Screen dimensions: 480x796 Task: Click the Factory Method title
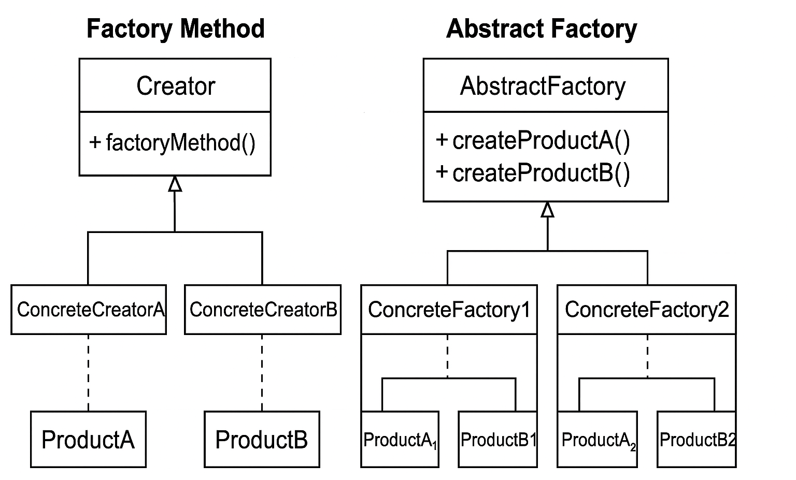click(175, 28)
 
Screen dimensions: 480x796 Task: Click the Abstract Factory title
click(541, 28)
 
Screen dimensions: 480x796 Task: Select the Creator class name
click(175, 86)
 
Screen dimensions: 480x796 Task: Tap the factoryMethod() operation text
click(173, 142)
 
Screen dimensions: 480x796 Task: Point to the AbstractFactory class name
click(543, 86)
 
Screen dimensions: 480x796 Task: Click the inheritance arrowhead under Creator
click(175, 184)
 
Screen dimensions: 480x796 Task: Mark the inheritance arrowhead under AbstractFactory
click(547, 210)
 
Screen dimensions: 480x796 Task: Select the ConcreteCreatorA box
click(89, 310)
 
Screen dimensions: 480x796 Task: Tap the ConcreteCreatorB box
click(263, 310)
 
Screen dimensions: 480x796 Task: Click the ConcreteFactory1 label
click(449, 310)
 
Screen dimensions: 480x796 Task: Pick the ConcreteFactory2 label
click(646, 310)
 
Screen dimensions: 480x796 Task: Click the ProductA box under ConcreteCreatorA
click(88, 440)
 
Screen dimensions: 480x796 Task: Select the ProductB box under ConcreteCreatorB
click(262, 440)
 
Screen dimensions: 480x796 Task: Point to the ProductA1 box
click(400, 440)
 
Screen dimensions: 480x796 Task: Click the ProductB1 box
click(497, 440)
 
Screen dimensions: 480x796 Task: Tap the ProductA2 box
click(597, 440)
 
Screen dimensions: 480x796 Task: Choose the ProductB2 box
click(696, 440)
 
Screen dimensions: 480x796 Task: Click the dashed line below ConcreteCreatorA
click(88, 373)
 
